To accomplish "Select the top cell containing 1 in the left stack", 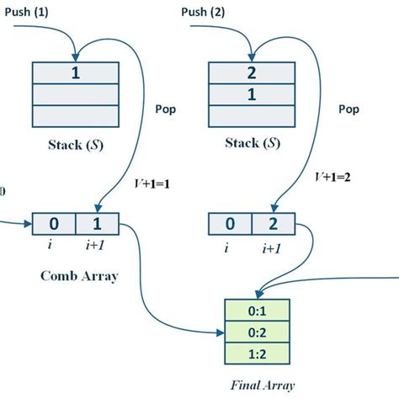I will coord(75,72).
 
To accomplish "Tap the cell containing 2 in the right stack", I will coord(251,72).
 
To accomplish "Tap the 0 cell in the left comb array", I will coord(53,225).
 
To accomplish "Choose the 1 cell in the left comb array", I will coord(96,225).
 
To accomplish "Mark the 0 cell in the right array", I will coord(229,225).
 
